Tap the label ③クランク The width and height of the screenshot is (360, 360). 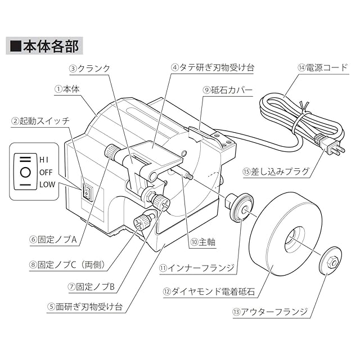[90, 69]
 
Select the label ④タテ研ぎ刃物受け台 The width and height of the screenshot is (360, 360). [213, 67]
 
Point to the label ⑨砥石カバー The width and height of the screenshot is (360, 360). [227, 90]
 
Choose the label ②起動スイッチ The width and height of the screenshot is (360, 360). [40, 121]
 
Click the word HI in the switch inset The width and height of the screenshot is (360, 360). [44, 160]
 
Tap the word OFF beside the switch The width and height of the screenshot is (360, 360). [46, 172]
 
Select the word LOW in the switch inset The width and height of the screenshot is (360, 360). [47, 184]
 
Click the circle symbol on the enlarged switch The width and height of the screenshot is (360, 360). [25, 172]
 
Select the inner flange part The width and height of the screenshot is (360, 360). [239, 205]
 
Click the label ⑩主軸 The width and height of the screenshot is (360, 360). [202, 242]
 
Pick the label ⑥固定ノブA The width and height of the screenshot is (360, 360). [53, 240]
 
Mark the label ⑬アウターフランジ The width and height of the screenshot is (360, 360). [270, 312]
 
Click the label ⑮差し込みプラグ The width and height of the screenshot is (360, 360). [276, 172]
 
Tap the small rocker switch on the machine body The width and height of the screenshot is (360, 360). [86, 193]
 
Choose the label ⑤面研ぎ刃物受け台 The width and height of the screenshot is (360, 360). [84, 307]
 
